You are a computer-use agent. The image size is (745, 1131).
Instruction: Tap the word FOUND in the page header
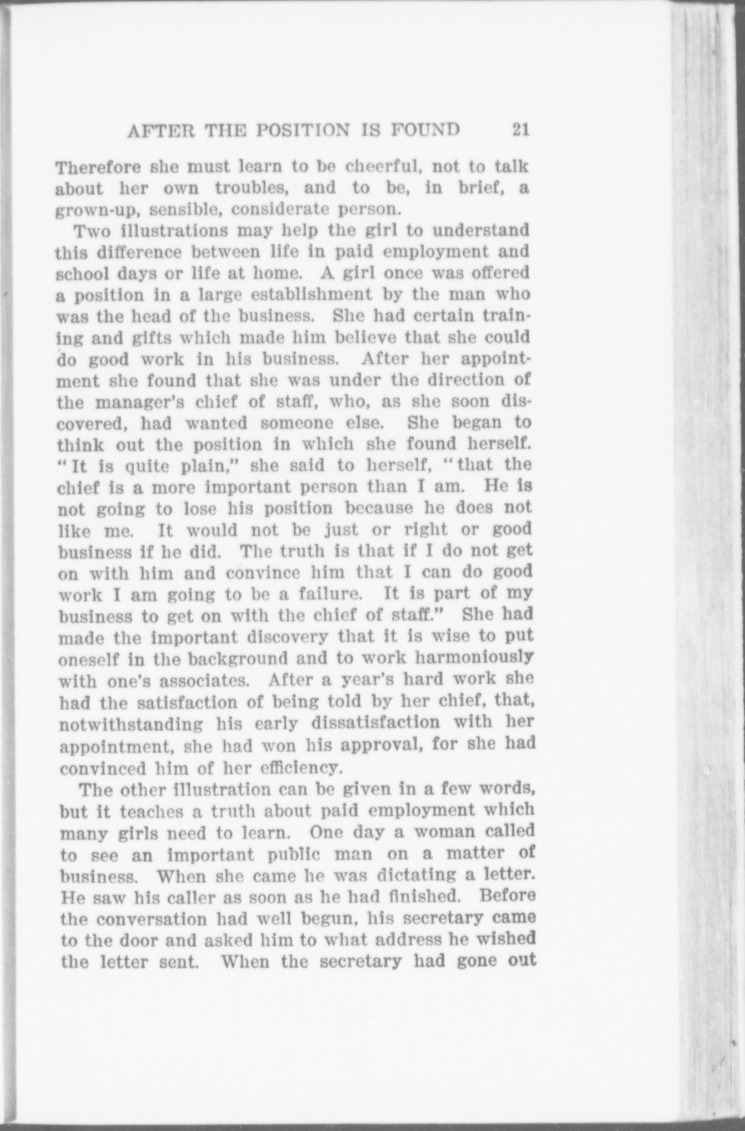pyautogui.click(x=426, y=130)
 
